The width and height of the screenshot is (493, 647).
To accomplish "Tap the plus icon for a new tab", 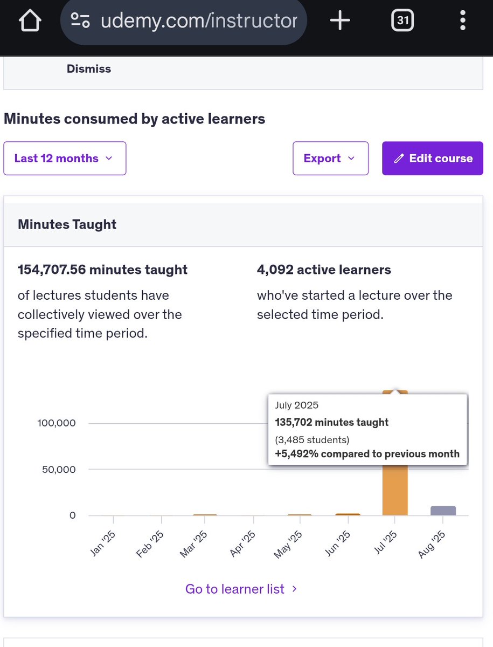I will click(339, 21).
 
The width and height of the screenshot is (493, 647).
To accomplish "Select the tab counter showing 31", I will click(402, 21).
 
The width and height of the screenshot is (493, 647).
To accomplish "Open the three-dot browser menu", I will click(462, 21).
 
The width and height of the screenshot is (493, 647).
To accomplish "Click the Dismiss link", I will click(89, 69).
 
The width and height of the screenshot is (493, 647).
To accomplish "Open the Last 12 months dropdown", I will click(65, 159).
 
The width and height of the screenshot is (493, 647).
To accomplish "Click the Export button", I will click(330, 159).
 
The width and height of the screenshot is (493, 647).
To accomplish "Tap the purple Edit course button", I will click(432, 159).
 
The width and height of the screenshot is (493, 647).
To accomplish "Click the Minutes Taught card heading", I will click(67, 224).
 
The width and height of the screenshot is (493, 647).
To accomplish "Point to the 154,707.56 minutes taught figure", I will click(102, 270).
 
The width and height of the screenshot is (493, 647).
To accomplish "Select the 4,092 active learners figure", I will click(324, 270).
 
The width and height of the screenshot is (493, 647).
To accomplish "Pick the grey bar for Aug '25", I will click(443, 510).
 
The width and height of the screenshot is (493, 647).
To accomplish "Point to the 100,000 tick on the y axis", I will click(57, 423).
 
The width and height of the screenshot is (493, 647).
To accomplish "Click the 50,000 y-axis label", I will click(59, 469).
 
